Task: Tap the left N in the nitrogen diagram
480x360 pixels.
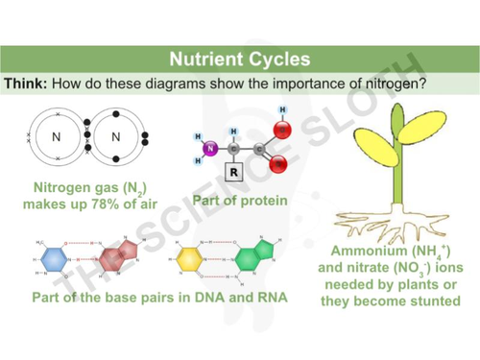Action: point(56,136)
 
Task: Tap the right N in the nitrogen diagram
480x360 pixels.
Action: point(116,136)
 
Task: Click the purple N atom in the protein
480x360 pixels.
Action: point(213,148)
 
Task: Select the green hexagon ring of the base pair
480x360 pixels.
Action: point(252,257)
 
